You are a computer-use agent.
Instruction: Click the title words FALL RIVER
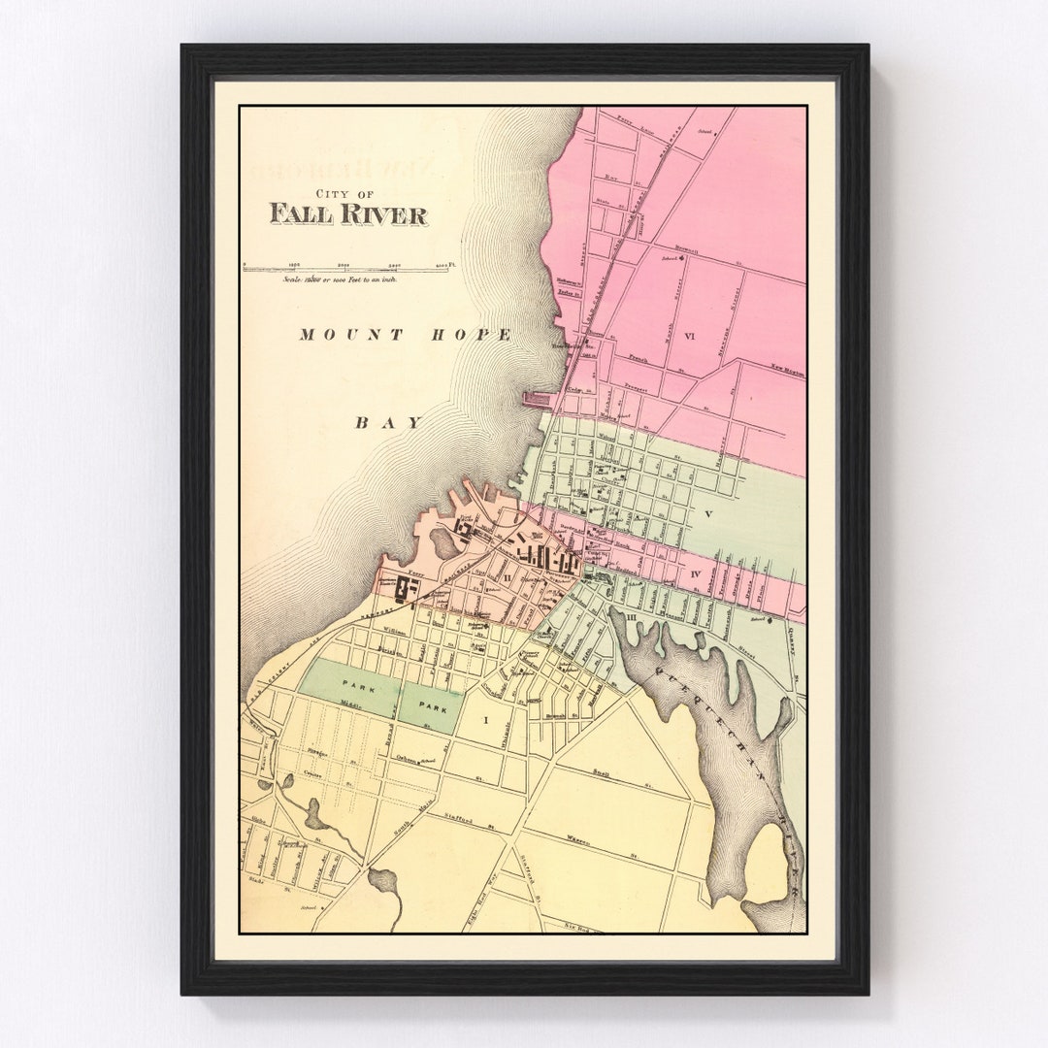pyautogui.click(x=348, y=214)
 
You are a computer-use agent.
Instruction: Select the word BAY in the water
pyautogui.click(x=389, y=422)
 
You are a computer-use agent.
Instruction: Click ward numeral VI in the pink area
pyautogui.click(x=690, y=337)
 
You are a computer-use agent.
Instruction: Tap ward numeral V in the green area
pyautogui.click(x=708, y=513)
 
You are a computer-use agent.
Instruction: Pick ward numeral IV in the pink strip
pyautogui.click(x=696, y=574)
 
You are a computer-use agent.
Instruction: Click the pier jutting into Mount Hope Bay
pyautogui.click(x=537, y=398)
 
